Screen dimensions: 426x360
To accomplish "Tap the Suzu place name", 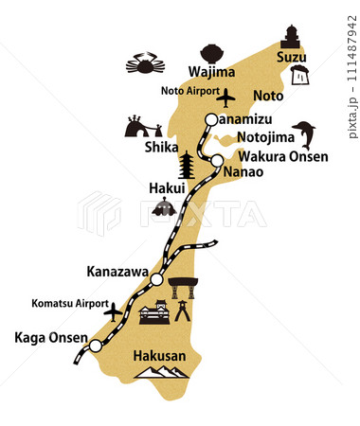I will (x=291, y=58).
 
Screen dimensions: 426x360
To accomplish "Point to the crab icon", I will (x=145, y=64).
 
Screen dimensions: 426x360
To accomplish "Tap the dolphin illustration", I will (x=304, y=134).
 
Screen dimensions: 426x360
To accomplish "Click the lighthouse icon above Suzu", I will (x=291, y=35).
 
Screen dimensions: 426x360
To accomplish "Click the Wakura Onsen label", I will (x=282, y=156).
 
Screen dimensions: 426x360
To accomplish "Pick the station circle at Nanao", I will (x=217, y=160).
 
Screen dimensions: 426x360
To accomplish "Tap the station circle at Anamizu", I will (x=211, y=119).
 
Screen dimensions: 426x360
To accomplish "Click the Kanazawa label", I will (x=117, y=272).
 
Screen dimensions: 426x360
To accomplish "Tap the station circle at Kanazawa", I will (x=157, y=279).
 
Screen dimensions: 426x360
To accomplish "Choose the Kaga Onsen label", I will (x=45, y=337).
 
